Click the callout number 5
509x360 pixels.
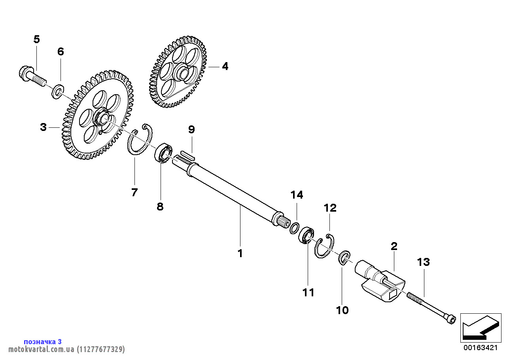[x=37, y=39]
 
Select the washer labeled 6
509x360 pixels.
[x=57, y=91]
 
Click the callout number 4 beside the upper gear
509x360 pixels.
[x=225, y=66]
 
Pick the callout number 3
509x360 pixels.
[x=43, y=127]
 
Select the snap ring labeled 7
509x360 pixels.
[x=139, y=140]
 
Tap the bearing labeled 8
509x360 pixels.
[x=163, y=153]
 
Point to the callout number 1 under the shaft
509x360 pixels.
[x=240, y=253]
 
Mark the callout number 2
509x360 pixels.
[x=394, y=246]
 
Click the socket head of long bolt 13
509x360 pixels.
[x=450, y=320]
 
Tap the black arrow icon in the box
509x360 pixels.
[x=481, y=328]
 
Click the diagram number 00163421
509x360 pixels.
[x=481, y=348]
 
